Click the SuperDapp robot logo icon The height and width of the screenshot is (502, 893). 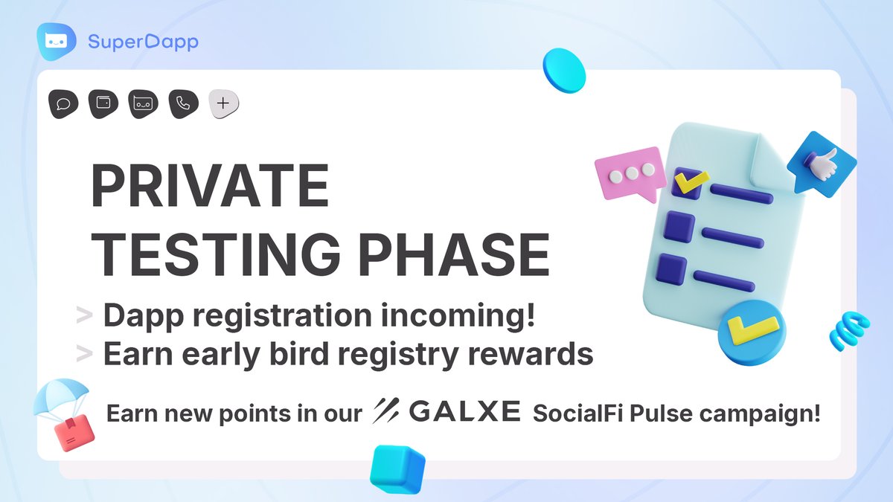[x=57, y=40]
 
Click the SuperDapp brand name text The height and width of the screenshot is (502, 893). [x=143, y=41]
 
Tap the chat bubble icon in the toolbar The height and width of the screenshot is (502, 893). [x=63, y=104]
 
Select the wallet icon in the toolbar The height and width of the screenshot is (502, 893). [x=103, y=104]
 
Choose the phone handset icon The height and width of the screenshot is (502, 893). [x=182, y=104]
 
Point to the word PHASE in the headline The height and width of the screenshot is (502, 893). [x=455, y=254]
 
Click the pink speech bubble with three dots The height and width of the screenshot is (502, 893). [x=629, y=173]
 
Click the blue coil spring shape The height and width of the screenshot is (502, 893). [x=849, y=329]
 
